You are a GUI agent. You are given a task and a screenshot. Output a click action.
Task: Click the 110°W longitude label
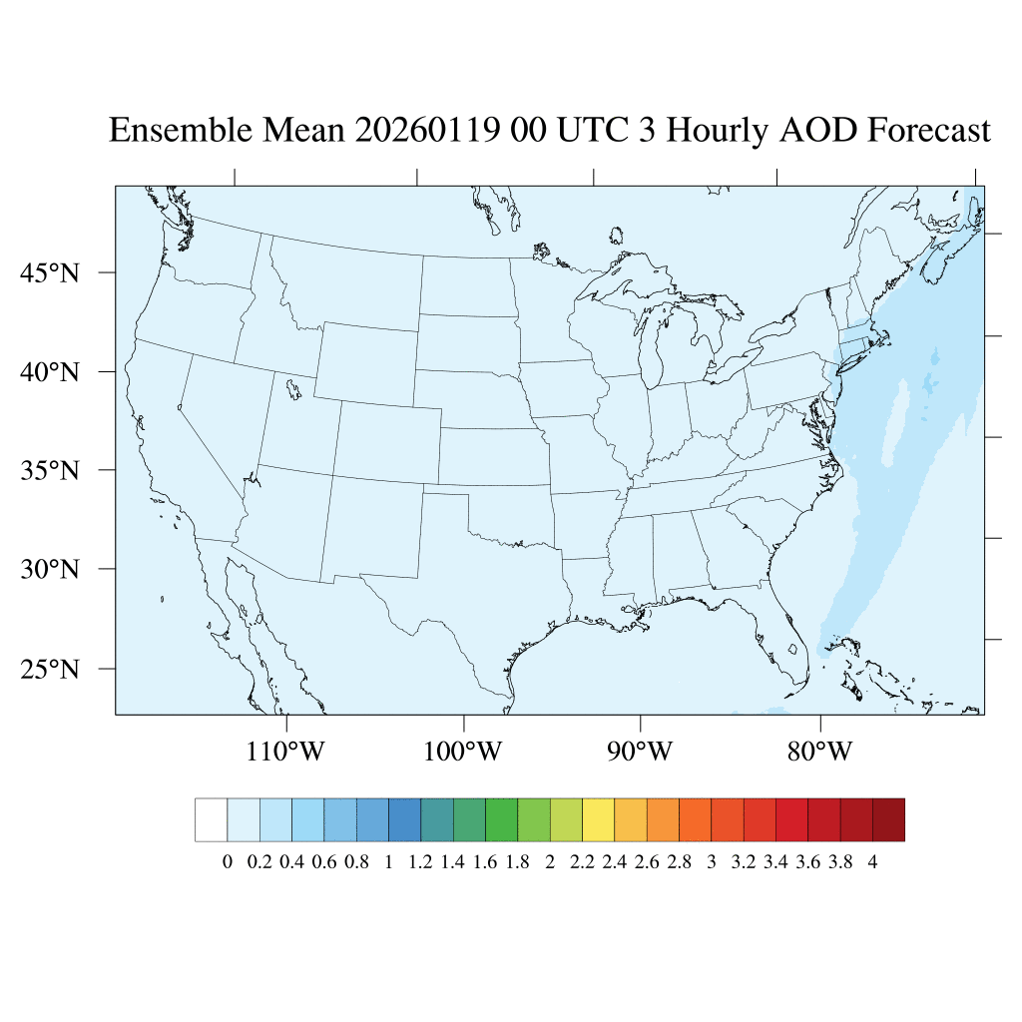286,751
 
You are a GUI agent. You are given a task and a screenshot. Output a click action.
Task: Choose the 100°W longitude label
464,751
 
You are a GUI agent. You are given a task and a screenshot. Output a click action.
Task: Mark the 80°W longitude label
819,751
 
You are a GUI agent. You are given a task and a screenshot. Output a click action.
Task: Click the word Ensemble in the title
177,131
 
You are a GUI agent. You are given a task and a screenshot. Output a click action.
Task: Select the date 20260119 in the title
426,131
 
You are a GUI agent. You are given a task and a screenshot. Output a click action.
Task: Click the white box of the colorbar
212,819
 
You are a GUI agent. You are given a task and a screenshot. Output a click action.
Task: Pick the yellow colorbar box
598,819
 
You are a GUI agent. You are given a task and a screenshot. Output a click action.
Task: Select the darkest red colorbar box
888,819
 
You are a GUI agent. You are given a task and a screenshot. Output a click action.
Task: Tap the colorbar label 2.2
582,862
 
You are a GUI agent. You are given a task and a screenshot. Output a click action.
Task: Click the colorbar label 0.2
259,862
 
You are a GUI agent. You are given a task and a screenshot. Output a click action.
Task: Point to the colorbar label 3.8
840,862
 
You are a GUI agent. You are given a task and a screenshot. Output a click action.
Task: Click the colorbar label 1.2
420,862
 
